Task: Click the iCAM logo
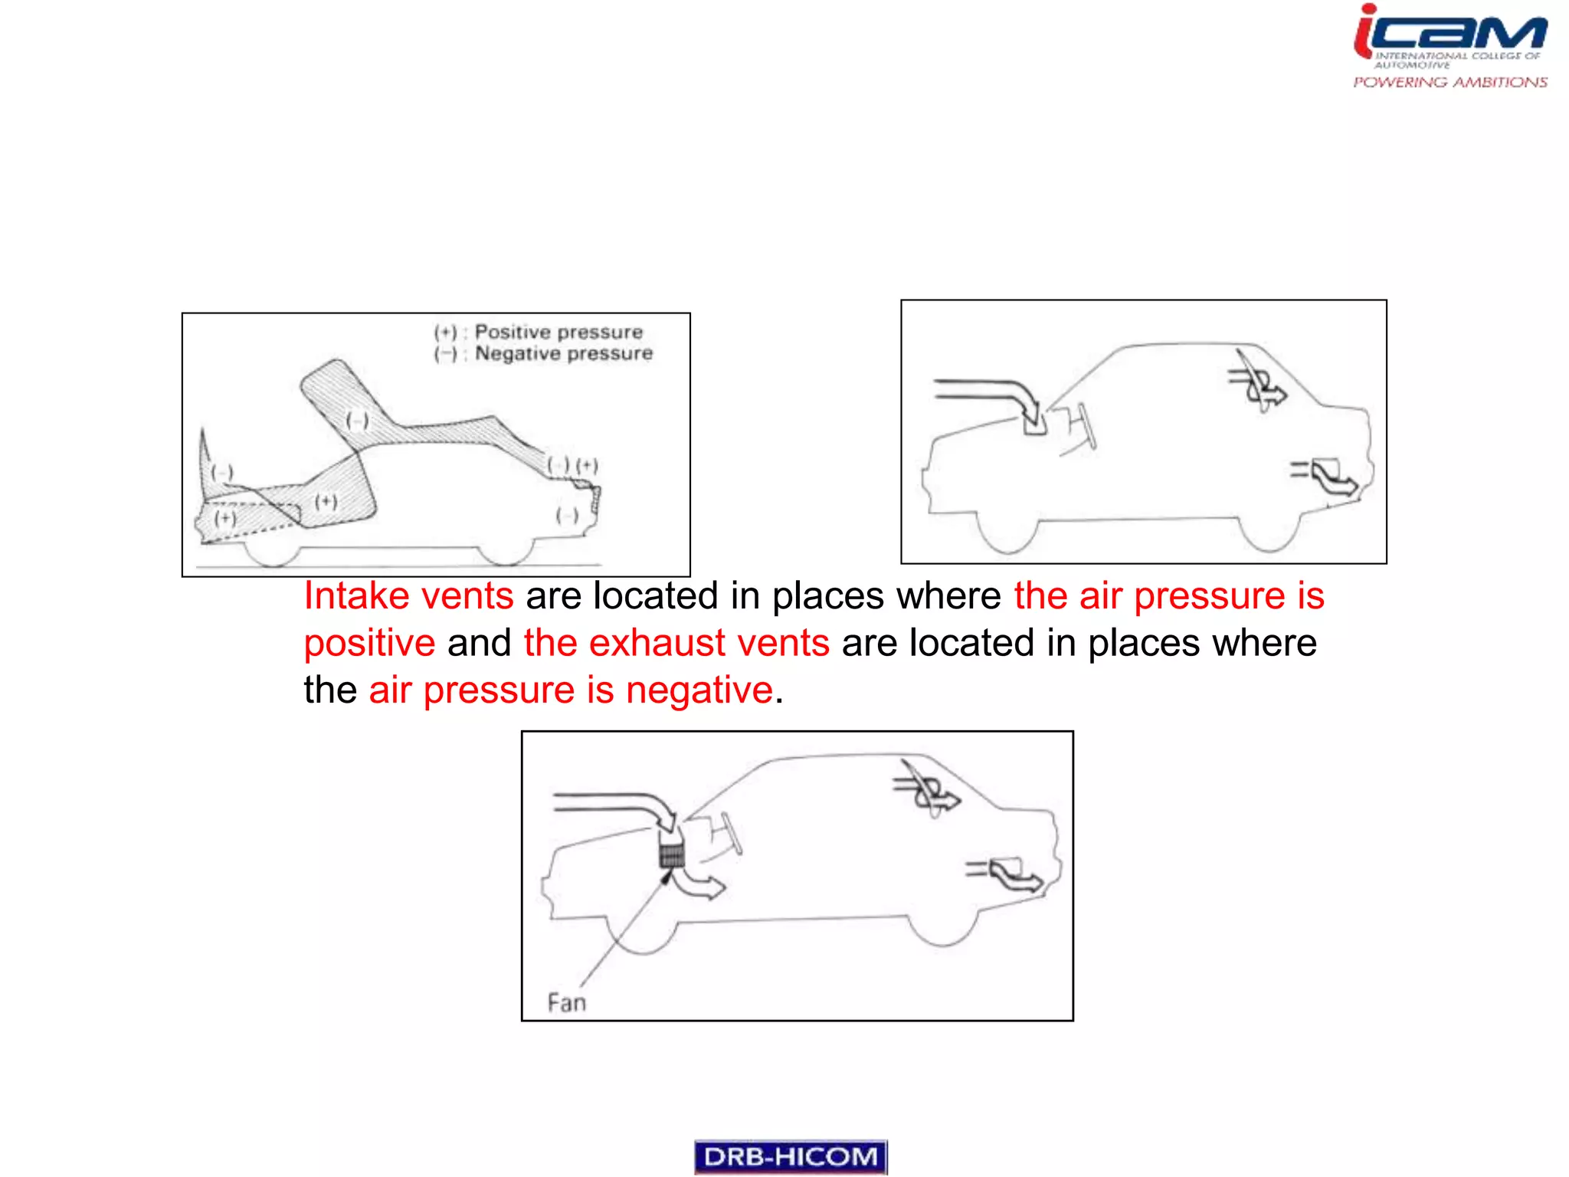[1450, 34]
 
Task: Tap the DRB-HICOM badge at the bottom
[790, 1156]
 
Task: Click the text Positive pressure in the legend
[558, 332]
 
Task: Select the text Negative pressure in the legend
[564, 353]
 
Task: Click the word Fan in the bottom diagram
[567, 1002]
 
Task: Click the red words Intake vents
[408, 596]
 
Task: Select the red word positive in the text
[369, 643]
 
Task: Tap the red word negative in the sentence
[699, 690]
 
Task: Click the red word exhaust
[657, 643]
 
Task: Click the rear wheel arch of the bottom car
[942, 930]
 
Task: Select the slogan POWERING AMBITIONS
[1449, 82]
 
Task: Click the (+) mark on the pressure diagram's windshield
[326, 502]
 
